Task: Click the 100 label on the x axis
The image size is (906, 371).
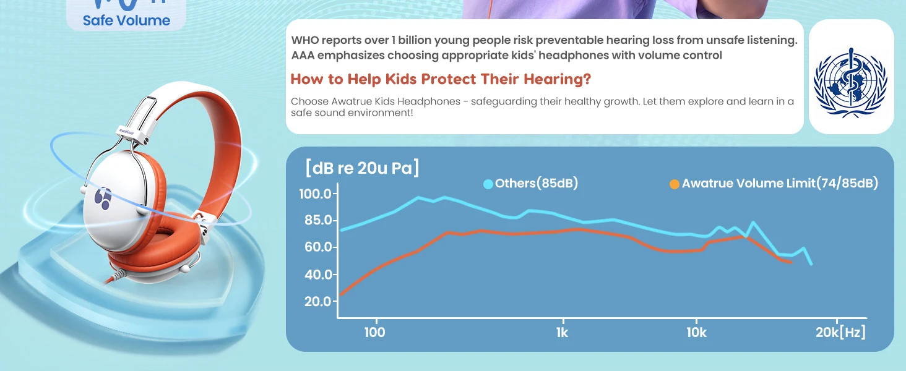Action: click(x=375, y=333)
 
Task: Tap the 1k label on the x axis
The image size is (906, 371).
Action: click(x=562, y=333)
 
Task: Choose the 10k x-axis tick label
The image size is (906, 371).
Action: click(x=696, y=333)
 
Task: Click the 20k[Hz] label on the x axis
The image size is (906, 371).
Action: click(x=840, y=333)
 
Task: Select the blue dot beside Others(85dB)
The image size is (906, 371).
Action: click(x=488, y=184)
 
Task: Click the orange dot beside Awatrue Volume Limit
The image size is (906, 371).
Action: click(x=675, y=184)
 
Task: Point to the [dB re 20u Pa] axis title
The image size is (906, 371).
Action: click(x=362, y=168)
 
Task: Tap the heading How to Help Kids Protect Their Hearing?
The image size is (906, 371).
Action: click(x=441, y=79)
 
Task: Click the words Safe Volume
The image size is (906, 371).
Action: click(x=126, y=20)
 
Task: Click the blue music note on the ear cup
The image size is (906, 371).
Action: click(x=102, y=198)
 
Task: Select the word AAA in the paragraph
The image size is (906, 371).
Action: click(x=303, y=56)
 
